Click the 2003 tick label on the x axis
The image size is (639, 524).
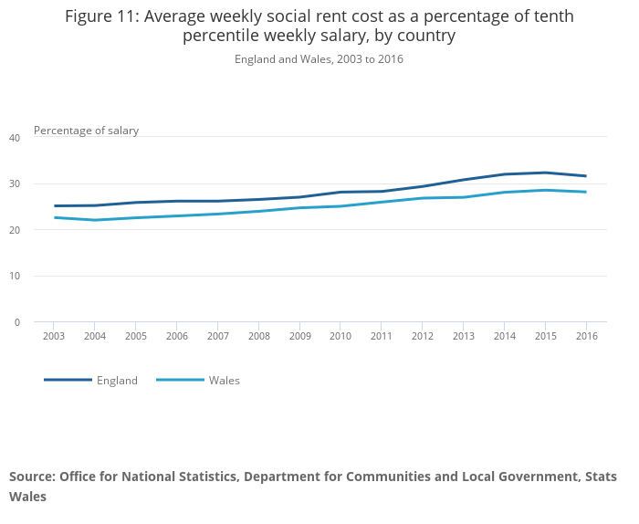[x=54, y=336]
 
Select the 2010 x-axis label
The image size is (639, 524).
[x=340, y=336]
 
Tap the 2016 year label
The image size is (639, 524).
[x=586, y=336]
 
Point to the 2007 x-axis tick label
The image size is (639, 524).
[x=217, y=336]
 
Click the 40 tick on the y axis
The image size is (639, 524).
[x=14, y=138]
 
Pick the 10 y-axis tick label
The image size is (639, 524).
[x=14, y=276]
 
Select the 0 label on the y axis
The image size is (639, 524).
[x=16, y=322]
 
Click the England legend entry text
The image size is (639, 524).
[x=117, y=381]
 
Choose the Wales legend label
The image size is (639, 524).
[x=224, y=381]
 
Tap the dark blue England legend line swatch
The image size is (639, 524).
[x=68, y=380]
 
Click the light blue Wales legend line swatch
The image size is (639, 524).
[x=180, y=380]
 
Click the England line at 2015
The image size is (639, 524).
[x=545, y=173]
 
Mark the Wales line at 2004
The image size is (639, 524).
[x=95, y=220]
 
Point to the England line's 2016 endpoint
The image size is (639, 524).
[x=586, y=176]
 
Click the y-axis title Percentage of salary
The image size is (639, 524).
[x=86, y=131]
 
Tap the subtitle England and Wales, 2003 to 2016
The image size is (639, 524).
[x=319, y=59]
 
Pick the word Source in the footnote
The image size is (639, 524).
[x=32, y=477]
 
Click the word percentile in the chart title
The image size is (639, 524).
[x=227, y=36]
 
